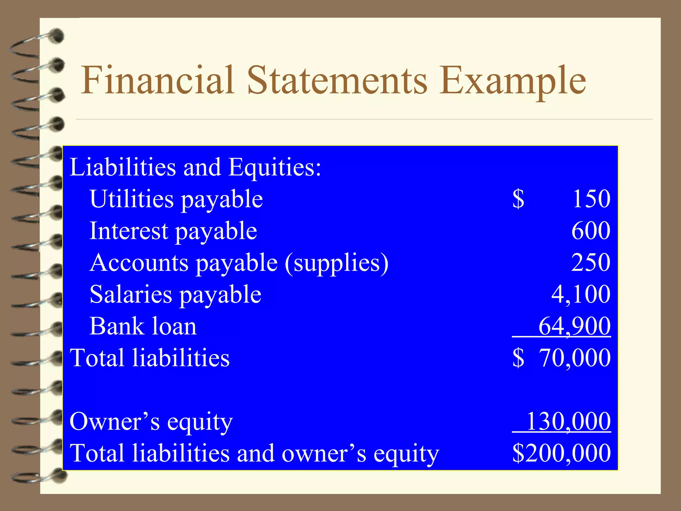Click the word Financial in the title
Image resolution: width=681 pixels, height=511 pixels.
click(158, 81)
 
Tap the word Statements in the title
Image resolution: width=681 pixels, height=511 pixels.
click(337, 81)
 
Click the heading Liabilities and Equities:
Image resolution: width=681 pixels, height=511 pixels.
click(196, 167)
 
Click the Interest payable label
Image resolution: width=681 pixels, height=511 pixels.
click(173, 231)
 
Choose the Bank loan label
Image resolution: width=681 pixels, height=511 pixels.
click(143, 326)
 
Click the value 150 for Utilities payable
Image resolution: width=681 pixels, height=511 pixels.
click(591, 199)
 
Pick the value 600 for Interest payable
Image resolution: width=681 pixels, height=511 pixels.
click(591, 231)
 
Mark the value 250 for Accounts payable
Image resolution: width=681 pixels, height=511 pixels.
click(591, 262)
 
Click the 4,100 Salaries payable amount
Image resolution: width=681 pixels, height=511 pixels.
click(581, 294)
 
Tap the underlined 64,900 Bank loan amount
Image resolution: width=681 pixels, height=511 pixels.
click(574, 326)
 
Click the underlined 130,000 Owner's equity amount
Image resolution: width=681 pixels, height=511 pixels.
click(569, 422)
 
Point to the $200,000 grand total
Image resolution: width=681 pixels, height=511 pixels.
click(561, 453)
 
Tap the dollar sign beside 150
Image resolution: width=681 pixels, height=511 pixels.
click(518, 199)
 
